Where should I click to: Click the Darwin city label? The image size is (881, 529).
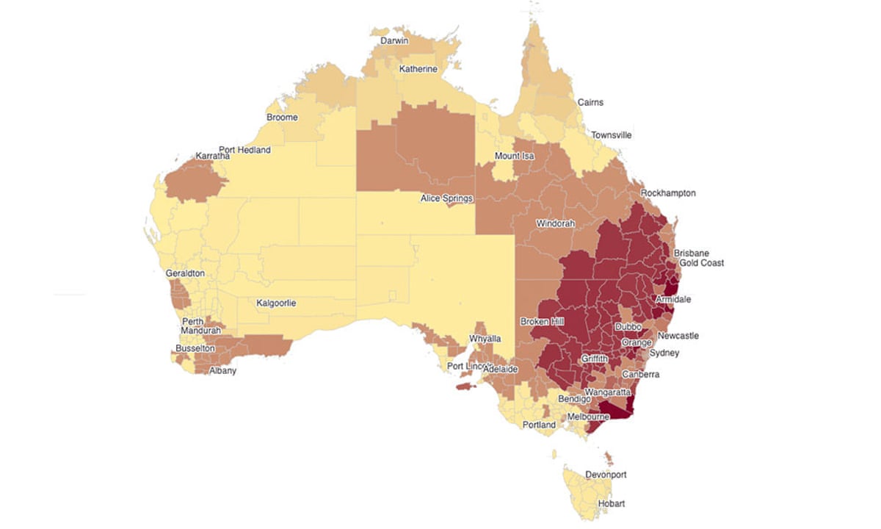point(394,41)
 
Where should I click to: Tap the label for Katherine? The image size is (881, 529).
point(418,69)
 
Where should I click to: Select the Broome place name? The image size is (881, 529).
point(282,118)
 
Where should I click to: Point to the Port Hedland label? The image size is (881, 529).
point(244,150)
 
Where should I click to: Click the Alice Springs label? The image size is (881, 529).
point(446,198)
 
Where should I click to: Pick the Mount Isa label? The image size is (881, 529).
point(514,156)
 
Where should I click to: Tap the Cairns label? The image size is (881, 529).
point(590,102)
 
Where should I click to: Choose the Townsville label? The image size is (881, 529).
point(611,135)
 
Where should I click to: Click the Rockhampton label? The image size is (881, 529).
point(667,193)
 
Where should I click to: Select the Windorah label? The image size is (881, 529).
point(555,223)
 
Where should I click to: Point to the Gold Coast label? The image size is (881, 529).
point(701,263)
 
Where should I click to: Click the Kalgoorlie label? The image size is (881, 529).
point(276,303)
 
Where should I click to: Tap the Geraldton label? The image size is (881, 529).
point(185,273)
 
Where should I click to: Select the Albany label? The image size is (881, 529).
point(222,371)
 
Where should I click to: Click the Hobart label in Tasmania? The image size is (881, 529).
point(611,503)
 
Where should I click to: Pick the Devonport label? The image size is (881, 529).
point(606,475)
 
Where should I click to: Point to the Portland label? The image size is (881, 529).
point(539,425)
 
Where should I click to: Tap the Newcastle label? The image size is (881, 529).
point(678,336)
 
